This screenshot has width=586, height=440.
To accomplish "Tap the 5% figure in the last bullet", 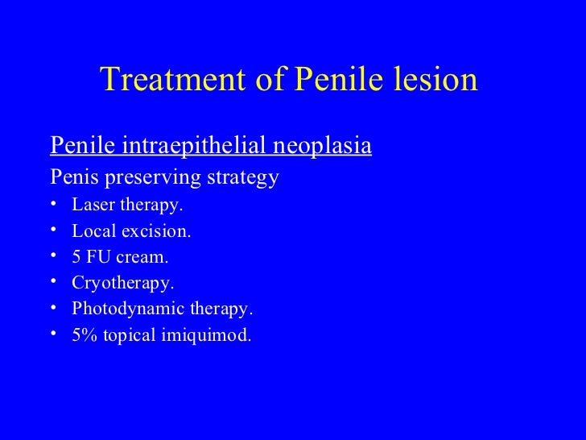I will click(82, 334).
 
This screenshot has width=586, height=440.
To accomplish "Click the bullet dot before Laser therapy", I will click(53, 205).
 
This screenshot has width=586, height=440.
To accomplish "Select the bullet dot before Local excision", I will click(53, 231).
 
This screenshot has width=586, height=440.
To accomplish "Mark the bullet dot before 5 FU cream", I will click(53, 257).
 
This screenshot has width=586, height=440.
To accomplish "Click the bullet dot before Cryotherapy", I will click(53, 283).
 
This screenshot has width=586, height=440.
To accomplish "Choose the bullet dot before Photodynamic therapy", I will click(53, 309).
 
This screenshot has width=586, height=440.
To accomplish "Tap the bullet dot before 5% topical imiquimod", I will click(53, 334).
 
